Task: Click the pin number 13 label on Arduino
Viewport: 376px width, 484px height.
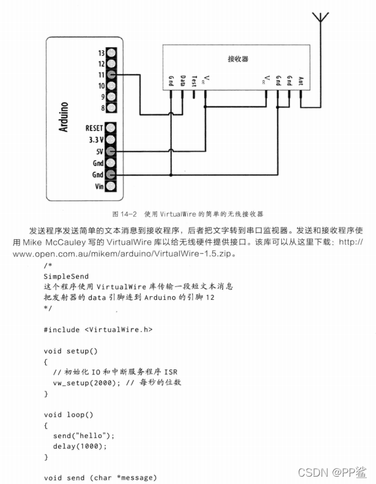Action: (101, 52)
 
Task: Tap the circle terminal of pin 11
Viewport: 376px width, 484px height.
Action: (111, 74)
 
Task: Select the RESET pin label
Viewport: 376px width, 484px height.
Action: (95, 128)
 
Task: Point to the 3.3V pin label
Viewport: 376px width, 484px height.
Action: (95, 140)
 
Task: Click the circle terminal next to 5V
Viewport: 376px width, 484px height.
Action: (111, 151)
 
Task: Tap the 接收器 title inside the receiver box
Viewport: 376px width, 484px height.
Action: (238, 59)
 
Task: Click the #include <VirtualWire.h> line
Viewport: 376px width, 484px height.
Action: (98, 329)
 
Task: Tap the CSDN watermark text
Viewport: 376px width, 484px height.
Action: (312, 472)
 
